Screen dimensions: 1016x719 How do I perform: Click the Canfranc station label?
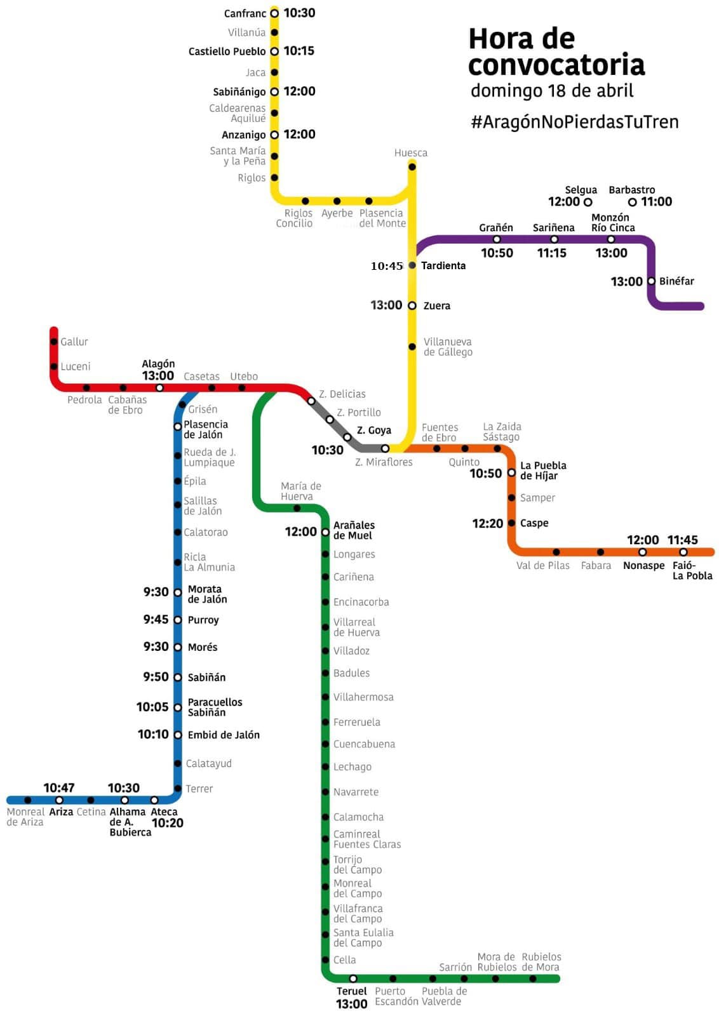point(245,13)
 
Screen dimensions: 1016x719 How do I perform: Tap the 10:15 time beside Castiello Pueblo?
point(299,51)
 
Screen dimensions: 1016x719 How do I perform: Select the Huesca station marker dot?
point(412,166)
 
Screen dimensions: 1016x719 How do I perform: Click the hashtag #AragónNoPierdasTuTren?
point(574,122)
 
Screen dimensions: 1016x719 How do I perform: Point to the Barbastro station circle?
point(632,202)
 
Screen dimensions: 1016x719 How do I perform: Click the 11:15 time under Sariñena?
point(551,253)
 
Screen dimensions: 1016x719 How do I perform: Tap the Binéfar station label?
point(676,281)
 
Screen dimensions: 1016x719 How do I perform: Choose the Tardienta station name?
point(443,265)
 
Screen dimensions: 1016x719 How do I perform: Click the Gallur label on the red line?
point(74,342)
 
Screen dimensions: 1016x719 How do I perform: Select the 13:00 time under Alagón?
point(158,375)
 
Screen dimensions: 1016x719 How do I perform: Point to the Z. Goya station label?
point(374,430)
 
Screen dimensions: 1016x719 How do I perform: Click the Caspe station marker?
point(511,523)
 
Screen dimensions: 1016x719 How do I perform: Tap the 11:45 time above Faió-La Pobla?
point(682,540)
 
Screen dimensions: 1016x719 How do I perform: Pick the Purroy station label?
point(203,620)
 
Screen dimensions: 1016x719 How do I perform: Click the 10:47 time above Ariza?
point(59,787)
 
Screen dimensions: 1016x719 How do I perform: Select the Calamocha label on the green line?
point(358,817)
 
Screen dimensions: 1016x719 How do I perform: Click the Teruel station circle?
point(353,979)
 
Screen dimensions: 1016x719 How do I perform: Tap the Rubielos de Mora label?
point(541,962)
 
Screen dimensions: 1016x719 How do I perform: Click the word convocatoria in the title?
point(556,65)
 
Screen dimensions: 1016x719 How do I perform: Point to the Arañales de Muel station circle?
point(325,532)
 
